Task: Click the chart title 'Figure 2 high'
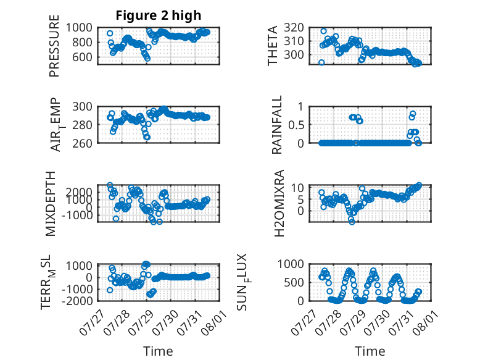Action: click(159, 15)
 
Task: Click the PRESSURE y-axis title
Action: click(54, 46)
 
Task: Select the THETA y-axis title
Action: click(272, 46)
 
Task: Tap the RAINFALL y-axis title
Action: click(276, 125)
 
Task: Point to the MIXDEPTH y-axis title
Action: click(51, 204)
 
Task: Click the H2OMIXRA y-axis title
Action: click(279, 203)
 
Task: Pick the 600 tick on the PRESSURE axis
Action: click(82, 57)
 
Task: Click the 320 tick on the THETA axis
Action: click(294, 28)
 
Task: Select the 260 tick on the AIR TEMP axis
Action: click(82, 143)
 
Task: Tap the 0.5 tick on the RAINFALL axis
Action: click(296, 125)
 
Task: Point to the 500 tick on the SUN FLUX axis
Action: click(294, 282)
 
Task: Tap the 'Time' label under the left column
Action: click(158, 351)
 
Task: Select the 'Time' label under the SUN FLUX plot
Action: click(370, 351)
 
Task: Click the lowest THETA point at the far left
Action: click(321, 62)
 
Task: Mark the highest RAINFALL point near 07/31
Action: click(413, 114)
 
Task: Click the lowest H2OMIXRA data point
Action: click(352, 222)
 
